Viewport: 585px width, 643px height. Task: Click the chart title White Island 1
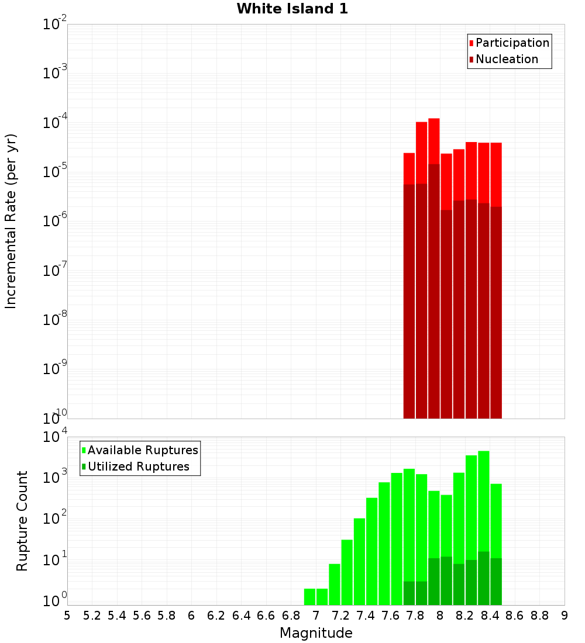click(x=292, y=9)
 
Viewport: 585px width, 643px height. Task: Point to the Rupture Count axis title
click(x=22, y=521)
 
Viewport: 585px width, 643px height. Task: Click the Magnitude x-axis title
click(x=316, y=633)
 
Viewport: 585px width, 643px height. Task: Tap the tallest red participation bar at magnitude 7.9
click(x=433, y=140)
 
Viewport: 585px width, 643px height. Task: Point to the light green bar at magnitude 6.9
click(x=309, y=597)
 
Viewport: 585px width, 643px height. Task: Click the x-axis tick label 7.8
click(x=415, y=616)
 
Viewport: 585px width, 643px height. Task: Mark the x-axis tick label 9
click(x=565, y=616)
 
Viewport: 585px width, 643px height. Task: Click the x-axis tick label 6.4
click(x=241, y=616)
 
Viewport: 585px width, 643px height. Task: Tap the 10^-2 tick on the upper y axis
click(x=55, y=25)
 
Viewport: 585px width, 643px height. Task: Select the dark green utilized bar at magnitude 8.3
click(x=484, y=579)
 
